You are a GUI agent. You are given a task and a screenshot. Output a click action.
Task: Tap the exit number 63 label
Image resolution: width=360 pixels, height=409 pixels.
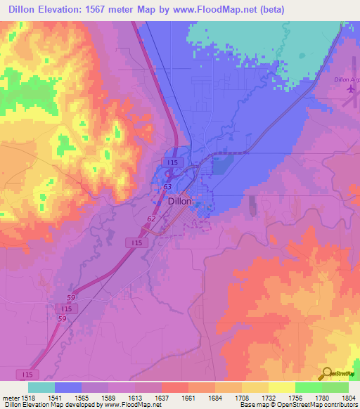click(167, 188)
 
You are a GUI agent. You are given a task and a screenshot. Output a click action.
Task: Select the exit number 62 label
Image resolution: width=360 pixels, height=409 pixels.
click(151, 219)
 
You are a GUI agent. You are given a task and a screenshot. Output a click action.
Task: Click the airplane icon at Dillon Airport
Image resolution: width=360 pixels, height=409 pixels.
click(352, 90)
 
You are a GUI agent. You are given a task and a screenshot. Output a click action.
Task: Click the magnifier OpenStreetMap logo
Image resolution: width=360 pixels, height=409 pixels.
click(328, 373)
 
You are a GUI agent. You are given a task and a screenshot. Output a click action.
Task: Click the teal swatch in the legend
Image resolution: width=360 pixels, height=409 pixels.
click(41, 387)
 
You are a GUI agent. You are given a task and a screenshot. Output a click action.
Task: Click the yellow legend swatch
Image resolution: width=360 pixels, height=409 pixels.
click(282, 387)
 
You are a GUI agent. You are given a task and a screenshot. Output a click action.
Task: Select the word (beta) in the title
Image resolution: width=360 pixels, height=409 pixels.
click(273, 11)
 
